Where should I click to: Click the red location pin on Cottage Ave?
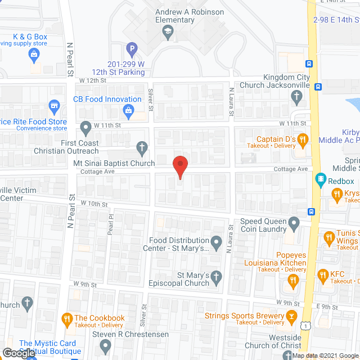pos(179,166)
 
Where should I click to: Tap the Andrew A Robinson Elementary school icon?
pos(168,34)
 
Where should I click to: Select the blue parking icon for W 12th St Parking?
pos(132,49)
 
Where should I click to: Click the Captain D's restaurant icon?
pos(302,139)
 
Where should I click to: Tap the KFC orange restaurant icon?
pos(322,275)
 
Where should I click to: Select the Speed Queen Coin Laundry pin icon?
pos(294,224)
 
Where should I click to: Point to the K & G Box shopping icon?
pos(34,55)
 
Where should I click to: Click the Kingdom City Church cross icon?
pos(296,97)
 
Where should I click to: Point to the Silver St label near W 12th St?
pos(151,98)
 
